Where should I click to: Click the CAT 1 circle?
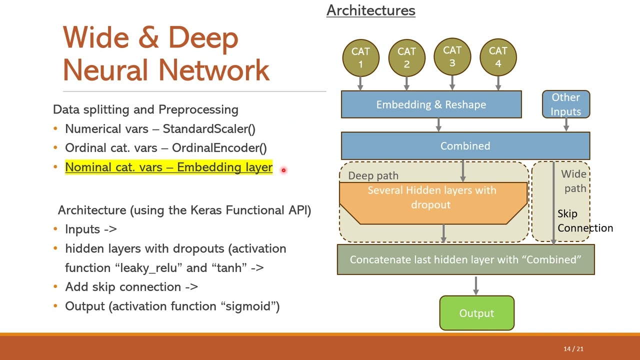pyautogui.click(x=360, y=57)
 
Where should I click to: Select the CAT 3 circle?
pyautogui.click(x=452, y=56)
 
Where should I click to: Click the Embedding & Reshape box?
pyautogui.click(x=431, y=104)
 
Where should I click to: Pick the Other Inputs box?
pyautogui.click(x=566, y=104)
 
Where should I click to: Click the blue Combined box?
pyautogui.click(x=465, y=146)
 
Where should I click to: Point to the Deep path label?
pyautogui.click(x=373, y=175)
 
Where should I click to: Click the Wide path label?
pyautogui.click(x=574, y=181)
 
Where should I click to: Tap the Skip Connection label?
pyautogui.click(x=584, y=221)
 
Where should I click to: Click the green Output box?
pyautogui.click(x=476, y=313)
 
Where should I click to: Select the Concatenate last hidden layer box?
pyautogui.click(x=465, y=259)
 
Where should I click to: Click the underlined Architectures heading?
pyautogui.click(x=370, y=10)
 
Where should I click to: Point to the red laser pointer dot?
pyautogui.click(x=283, y=170)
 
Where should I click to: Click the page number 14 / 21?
pyautogui.click(x=573, y=349)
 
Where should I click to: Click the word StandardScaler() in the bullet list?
pyautogui.click(x=209, y=129)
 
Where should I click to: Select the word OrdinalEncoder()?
pyautogui.click(x=219, y=148)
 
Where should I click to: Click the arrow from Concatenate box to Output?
pyautogui.click(x=475, y=285)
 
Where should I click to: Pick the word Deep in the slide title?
pyautogui.click(x=203, y=39)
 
